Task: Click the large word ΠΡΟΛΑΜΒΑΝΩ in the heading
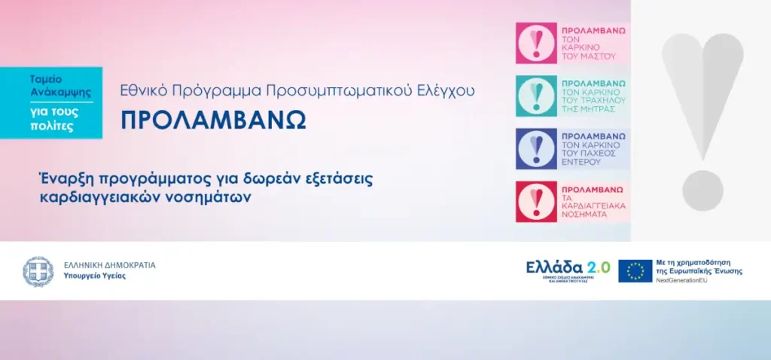(x=214, y=121)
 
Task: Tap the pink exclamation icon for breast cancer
(x=536, y=43)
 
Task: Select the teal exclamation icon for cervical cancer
(x=536, y=96)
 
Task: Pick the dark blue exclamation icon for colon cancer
(x=536, y=148)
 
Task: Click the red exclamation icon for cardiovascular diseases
(x=536, y=201)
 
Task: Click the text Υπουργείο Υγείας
(x=95, y=276)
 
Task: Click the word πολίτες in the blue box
(x=56, y=126)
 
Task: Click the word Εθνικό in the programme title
(x=142, y=90)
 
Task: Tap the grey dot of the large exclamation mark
(x=702, y=190)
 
